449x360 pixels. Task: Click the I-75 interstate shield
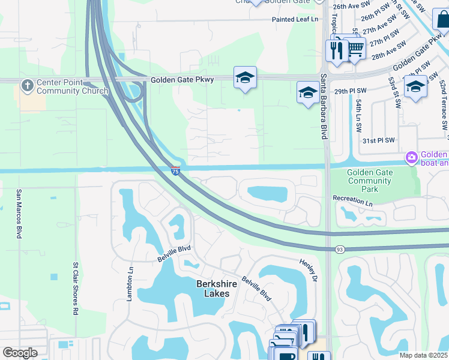pyautogui.click(x=175, y=171)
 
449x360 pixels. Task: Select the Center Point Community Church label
pyautogui.click(x=72, y=87)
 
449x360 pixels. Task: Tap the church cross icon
pyautogui.click(x=27, y=86)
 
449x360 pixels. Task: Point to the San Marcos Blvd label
pyautogui.click(x=19, y=214)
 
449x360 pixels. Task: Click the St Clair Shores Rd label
pyautogui.click(x=76, y=289)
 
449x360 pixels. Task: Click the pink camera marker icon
pyautogui.click(x=412, y=158)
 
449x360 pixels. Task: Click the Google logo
pyautogui.click(x=20, y=353)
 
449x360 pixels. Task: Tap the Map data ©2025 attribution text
pyautogui.click(x=423, y=355)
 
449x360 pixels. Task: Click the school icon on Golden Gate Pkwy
pyautogui.click(x=245, y=77)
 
